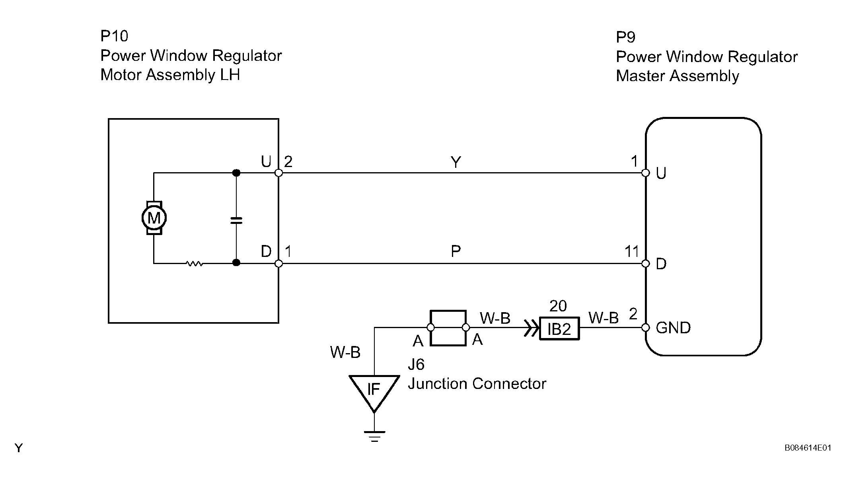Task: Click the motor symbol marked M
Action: pos(154,218)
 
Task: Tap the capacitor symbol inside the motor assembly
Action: pos(236,220)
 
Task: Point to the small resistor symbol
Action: pos(195,263)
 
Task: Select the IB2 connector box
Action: pos(559,328)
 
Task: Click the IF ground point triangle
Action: pos(374,390)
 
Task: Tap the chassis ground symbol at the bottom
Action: pos(374,436)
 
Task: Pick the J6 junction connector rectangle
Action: pos(448,328)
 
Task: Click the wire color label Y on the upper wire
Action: pos(456,162)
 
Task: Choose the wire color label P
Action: pos(456,251)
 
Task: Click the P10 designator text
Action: pos(114,36)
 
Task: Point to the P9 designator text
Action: pos(625,37)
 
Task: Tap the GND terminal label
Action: pos(673,328)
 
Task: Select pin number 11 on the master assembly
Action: pos(631,251)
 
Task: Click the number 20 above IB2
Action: pos(558,306)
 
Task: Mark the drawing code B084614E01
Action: pos(808,448)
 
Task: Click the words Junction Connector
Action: pos(477,384)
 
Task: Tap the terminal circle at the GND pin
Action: pos(646,328)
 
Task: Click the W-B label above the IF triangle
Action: pos(345,352)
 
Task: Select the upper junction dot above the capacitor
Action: pos(236,173)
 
